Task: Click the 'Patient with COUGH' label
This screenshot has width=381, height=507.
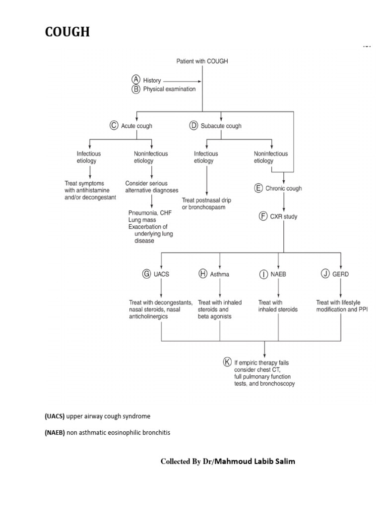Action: point(202,61)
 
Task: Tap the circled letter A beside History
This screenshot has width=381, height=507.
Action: point(135,80)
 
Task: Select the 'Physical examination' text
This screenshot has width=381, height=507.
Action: point(169,89)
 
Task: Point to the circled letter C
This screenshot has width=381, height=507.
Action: point(114,126)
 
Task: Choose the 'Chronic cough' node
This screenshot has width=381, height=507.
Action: point(283,189)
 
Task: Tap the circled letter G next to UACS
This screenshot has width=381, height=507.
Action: point(147,274)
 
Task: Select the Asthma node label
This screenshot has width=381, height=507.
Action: point(220,274)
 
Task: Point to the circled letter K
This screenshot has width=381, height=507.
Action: point(227,362)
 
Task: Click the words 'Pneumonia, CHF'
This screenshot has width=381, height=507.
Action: point(148,213)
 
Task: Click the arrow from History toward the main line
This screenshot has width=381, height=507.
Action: point(182,80)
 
